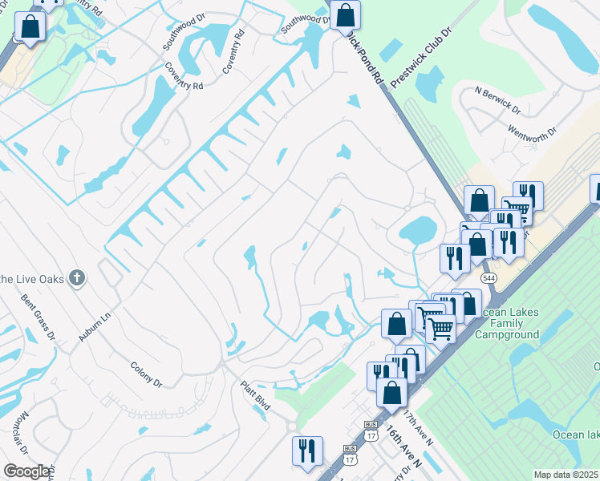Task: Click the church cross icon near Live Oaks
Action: pos(76,278)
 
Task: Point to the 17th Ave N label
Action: pos(419,430)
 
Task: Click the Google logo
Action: pos(26,471)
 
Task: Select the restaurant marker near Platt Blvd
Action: pos(307,451)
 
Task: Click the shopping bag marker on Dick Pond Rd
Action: pos(345,15)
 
